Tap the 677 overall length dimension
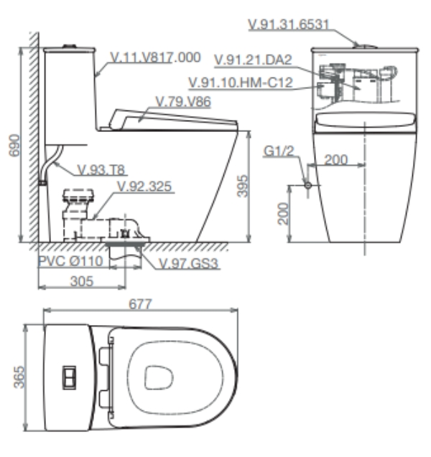(x=141, y=304)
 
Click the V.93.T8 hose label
(x=101, y=169)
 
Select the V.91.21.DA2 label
(x=254, y=57)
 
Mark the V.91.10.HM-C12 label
(x=239, y=83)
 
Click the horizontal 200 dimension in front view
(x=336, y=159)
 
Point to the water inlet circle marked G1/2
(x=308, y=185)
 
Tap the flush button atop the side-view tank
(x=70, y=47)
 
